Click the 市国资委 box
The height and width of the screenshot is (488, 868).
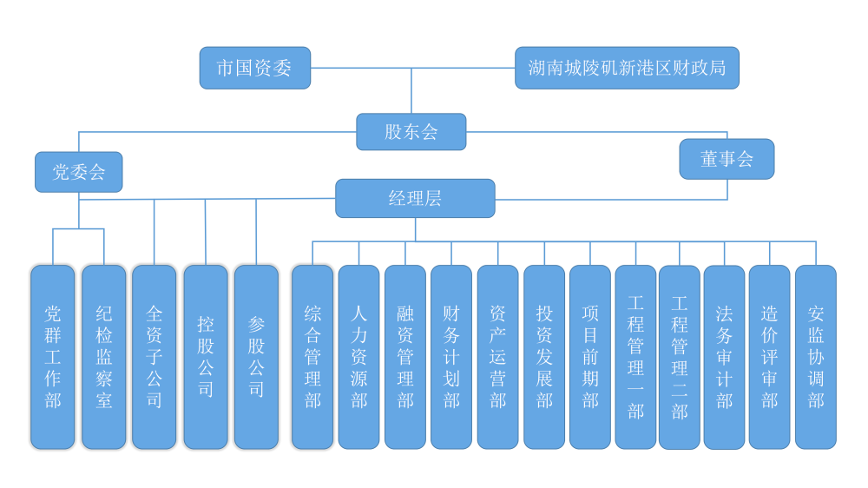click(x=254, y=68)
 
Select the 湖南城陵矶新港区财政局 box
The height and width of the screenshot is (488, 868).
click(x=627, y=68)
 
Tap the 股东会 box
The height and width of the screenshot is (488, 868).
click(x=411, y=131)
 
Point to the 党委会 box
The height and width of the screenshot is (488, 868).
click(x=78, y=172)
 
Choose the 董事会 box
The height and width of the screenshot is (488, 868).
click(x=727, y=159)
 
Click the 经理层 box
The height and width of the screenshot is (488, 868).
click(x=415, y=198)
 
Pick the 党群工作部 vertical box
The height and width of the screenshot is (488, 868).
click(x=53, y=357)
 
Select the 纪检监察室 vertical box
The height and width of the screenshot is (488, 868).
click(x=104, y=357)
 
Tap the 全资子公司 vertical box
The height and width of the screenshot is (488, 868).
click(x=155, y=357)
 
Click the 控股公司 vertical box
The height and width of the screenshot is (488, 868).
click(x=206, y=357)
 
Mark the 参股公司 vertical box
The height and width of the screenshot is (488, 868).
click(x=256, y=357)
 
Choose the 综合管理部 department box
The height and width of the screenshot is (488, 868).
click(x=312, y=357)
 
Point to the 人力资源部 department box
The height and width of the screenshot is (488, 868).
click(x=358, y=357)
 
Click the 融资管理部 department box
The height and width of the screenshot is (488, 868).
click(x=405, y=357)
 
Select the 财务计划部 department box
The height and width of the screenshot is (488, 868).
click(x=451, y=357)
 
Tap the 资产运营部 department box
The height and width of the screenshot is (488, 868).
click(x=497, y=357)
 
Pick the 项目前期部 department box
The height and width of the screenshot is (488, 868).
click(x=590, y=357)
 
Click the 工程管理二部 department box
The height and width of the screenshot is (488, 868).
click(x=680, y=357)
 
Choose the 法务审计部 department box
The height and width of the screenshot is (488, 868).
click(x=724, y=357)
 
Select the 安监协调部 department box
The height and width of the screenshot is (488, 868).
click(x=816, y=357)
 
